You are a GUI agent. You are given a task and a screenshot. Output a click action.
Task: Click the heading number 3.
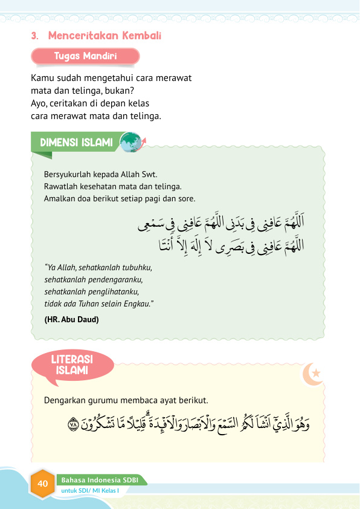click(x=34, y=36)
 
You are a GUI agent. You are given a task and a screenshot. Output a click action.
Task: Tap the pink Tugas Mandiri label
click(x=85, y=56)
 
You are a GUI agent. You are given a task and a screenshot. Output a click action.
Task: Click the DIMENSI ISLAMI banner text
click(x=76, y=143)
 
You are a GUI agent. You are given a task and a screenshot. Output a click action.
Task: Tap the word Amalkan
click(x=60, y=198)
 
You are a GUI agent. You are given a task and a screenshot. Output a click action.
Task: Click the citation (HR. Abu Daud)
click(x=71, y=319)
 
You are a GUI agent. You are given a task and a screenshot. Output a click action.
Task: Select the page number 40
click(x=43, y=484)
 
